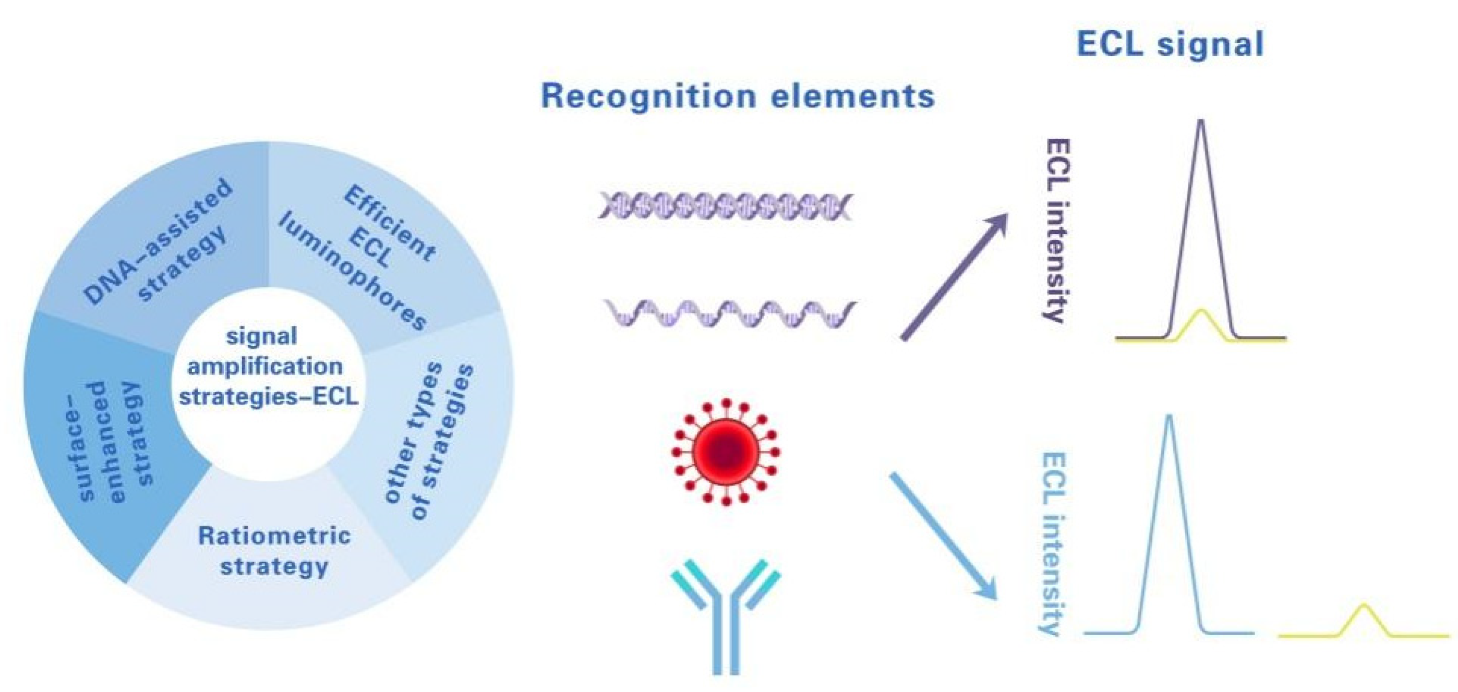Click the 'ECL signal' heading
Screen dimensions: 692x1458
pos(1170,44)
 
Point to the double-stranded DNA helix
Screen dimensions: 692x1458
pos(726,206)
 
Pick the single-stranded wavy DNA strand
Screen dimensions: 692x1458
pos(730,314)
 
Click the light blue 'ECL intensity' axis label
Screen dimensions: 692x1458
pos(1054,543)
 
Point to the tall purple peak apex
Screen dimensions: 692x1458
pos(1201,121)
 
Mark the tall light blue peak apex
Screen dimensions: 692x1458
pos(1170,418)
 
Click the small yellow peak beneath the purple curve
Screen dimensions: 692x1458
pos(1201,312)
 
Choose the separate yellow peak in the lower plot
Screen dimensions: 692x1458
pos(1364,606)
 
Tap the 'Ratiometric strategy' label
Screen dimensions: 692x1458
pos(274,551)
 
